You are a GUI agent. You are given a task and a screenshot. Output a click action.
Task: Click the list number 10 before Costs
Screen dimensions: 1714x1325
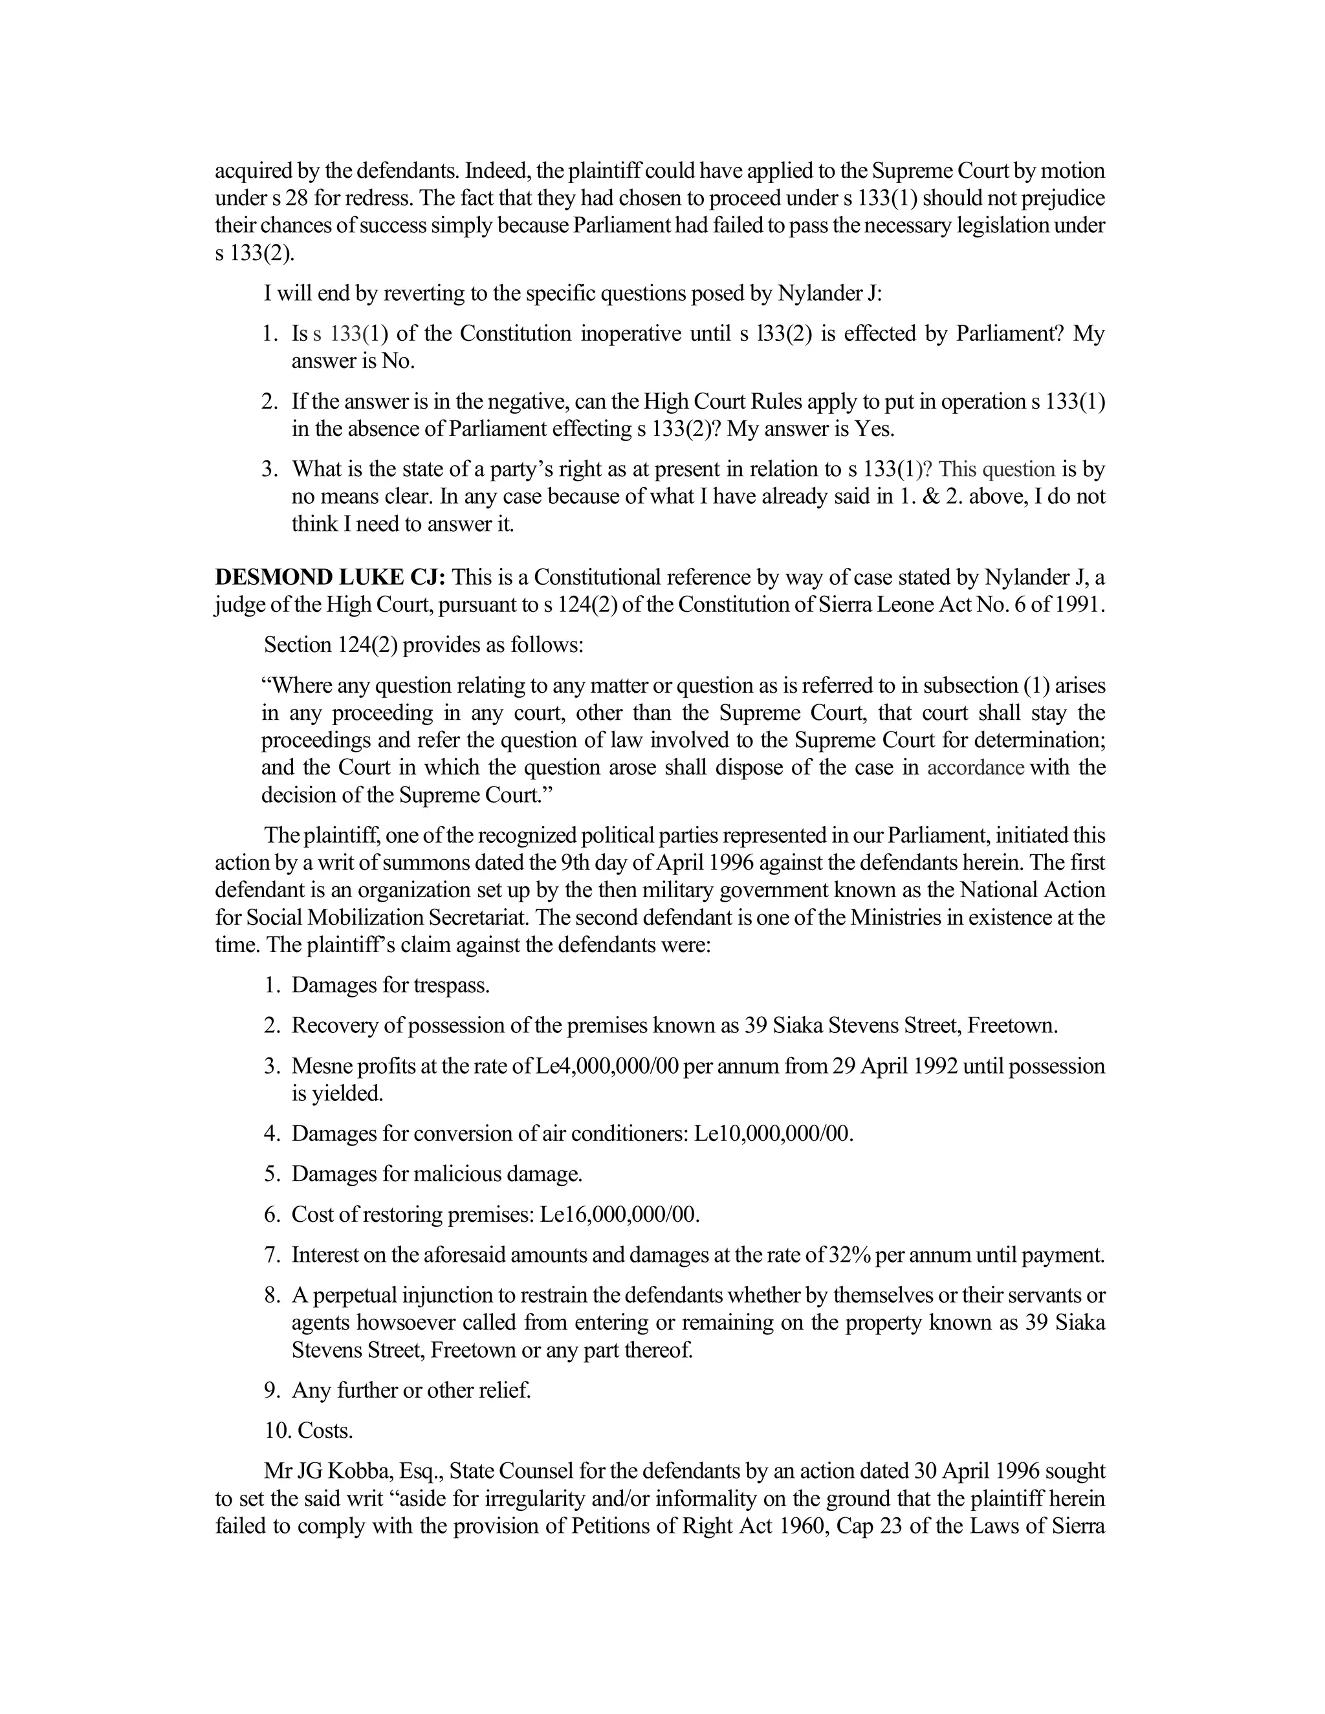point(277,1431)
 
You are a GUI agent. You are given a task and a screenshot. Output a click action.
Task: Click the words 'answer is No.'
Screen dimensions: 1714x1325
point(353,361)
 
